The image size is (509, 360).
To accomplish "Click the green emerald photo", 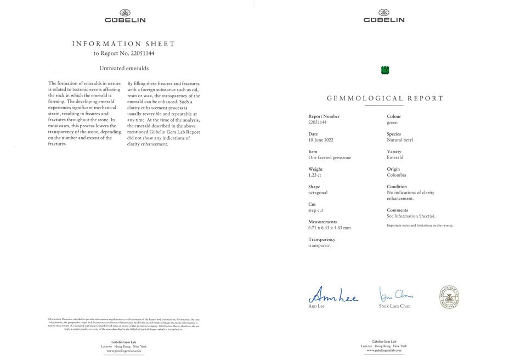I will [384, 70].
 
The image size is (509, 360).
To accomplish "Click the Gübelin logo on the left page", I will [125, 16].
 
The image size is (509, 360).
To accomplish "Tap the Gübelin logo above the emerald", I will [384, 16].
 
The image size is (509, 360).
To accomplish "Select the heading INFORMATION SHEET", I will [124, 44].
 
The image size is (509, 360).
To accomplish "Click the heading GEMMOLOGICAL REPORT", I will [385, 99].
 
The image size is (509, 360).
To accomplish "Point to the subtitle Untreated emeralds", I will [124, 69].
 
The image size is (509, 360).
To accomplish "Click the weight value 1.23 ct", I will [315, 175].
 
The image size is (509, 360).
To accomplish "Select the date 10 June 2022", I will [321, 140].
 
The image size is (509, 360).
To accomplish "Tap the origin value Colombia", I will [397, 175].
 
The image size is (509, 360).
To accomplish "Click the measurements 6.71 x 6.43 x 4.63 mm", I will [330, 228].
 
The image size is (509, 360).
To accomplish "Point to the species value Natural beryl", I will [400, 140].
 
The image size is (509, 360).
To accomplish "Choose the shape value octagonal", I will [318, 193].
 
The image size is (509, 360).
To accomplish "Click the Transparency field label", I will [322, 239].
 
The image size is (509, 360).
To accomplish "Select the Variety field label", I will [394, 151].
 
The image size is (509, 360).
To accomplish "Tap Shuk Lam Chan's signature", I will [395, 294].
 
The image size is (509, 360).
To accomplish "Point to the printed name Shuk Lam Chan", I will [394, 306].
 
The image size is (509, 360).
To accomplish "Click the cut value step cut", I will [316, 210].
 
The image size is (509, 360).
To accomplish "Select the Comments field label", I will [397, 210].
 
